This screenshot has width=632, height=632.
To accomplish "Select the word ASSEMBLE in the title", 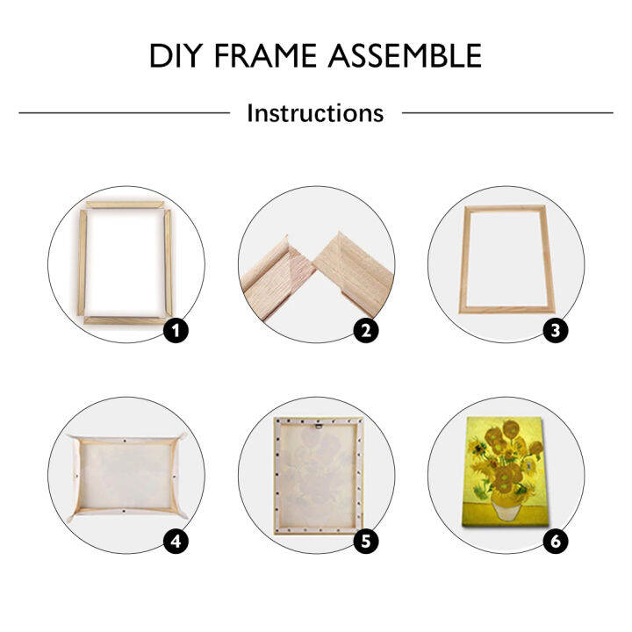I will coord(406,56).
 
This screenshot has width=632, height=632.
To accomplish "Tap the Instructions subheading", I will coord(315,113).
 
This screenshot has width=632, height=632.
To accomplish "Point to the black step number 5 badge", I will coord(366,541).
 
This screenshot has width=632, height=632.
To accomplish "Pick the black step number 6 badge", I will coord(556,541).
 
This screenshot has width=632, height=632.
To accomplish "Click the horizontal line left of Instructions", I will coord(123,112).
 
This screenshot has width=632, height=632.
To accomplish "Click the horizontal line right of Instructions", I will coord(507,112).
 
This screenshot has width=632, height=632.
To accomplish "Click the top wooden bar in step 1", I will coord(125,205).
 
